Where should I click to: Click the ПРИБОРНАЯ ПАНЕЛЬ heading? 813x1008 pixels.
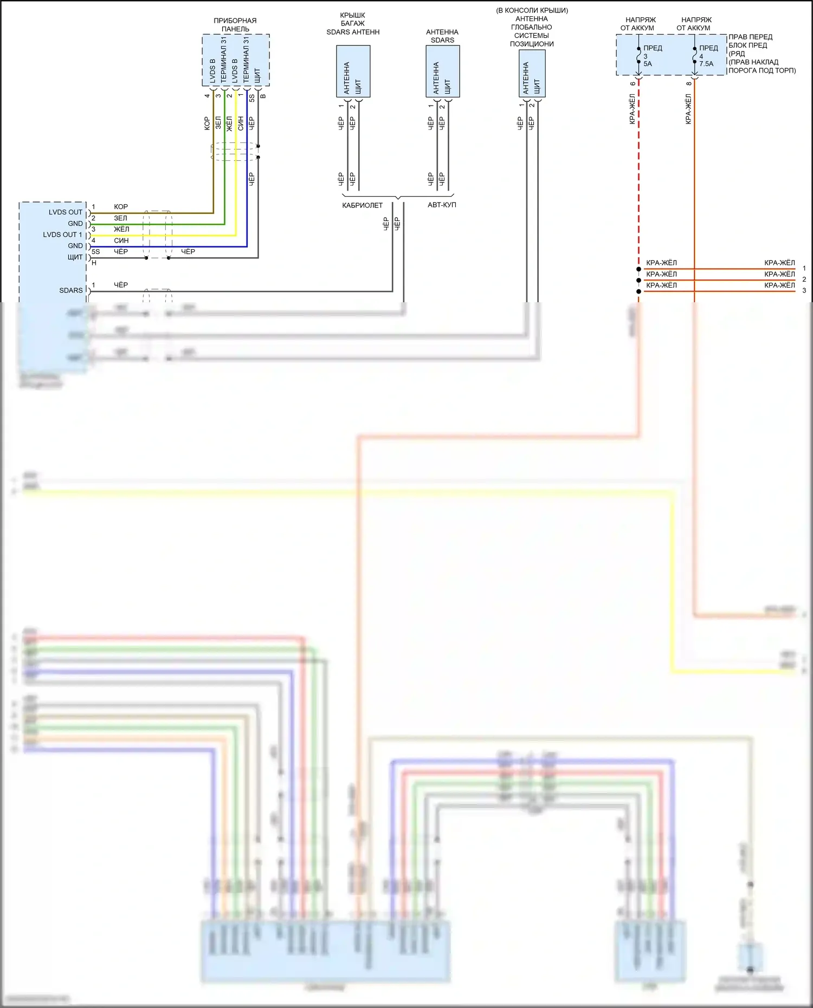[235, 25]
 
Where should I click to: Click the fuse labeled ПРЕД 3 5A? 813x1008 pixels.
[648, 56]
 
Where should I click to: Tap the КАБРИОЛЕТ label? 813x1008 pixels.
[362, 205]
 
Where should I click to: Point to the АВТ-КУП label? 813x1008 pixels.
[442, 205]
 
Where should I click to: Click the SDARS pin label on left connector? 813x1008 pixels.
[71, 290]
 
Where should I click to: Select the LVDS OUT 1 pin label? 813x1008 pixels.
[62, 235]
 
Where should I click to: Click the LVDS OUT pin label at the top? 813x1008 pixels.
[66, 212]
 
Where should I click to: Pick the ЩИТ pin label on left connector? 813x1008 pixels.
[75, 257]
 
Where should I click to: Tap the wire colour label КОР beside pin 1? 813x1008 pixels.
[121, 207]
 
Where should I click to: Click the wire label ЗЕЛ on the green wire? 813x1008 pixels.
[120, 218]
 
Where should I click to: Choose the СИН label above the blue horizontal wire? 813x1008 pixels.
[121, 240]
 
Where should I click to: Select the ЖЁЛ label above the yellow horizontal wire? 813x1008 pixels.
[121, 229]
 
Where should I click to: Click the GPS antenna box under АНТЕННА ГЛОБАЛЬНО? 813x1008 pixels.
[532, 74]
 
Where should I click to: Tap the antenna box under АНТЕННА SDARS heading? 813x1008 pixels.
[442, 71]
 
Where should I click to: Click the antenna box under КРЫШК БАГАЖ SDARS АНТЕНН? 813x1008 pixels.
[353, 71]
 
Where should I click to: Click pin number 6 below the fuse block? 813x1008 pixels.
[633, 83]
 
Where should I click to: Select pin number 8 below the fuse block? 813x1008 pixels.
[689, 83]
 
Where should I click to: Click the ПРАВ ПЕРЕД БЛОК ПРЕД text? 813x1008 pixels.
[751, 41]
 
